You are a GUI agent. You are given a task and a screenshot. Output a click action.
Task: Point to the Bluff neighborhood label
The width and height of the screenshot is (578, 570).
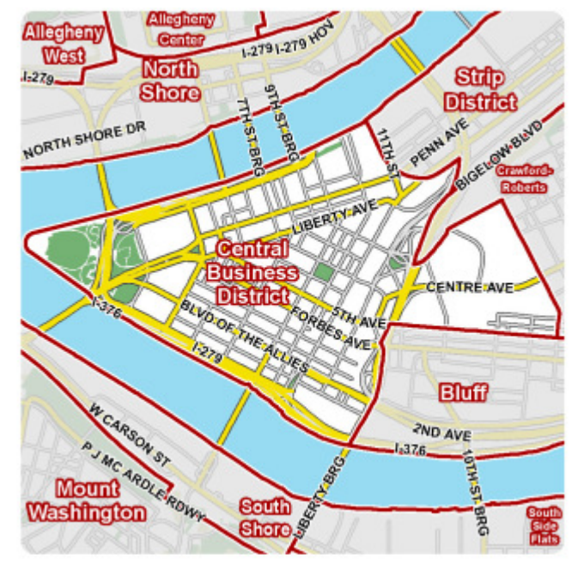463,393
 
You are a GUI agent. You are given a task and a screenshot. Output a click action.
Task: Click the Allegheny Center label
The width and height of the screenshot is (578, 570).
181,28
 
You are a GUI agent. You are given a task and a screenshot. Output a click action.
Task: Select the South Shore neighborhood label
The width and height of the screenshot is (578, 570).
265,518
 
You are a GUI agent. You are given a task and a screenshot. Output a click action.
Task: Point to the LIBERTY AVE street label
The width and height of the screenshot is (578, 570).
334,219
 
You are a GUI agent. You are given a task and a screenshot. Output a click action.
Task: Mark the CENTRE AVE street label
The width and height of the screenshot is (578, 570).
469,288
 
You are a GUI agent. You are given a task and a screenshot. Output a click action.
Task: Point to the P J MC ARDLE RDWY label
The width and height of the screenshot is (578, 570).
141,481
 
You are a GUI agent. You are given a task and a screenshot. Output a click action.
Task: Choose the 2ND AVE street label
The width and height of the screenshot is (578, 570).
429,429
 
